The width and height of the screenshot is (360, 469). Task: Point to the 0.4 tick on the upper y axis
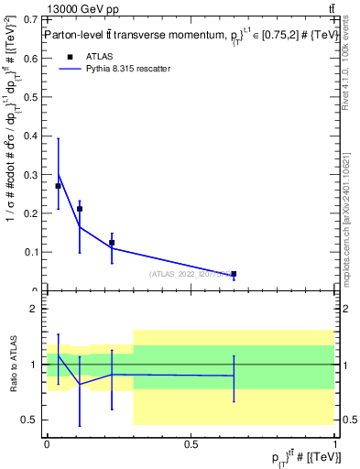pyautogui.click(x=46, y=136)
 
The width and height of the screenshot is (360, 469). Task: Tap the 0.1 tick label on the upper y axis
pyautogui.click(x=32, y=252)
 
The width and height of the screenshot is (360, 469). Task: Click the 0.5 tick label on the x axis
pyautogui.click(x=191, y=444)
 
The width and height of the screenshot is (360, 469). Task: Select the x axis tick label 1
pyautogui.click(x=335, y=444)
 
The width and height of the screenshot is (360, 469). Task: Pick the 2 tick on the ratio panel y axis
pyautogui.click(x=46, y=309)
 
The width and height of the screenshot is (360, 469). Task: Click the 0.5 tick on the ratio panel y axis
pyautogui.click(x=46, y=420)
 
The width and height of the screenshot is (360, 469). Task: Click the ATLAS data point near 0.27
pyautogui.click(x=59, y=186)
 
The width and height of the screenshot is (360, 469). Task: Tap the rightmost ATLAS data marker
pyautogui.click(x=234, y=274)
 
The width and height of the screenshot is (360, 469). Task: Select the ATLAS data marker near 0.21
pyautogui.click(x=80, y=209)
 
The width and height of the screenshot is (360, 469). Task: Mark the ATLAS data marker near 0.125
pyautogui.click(x=112, y=243)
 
